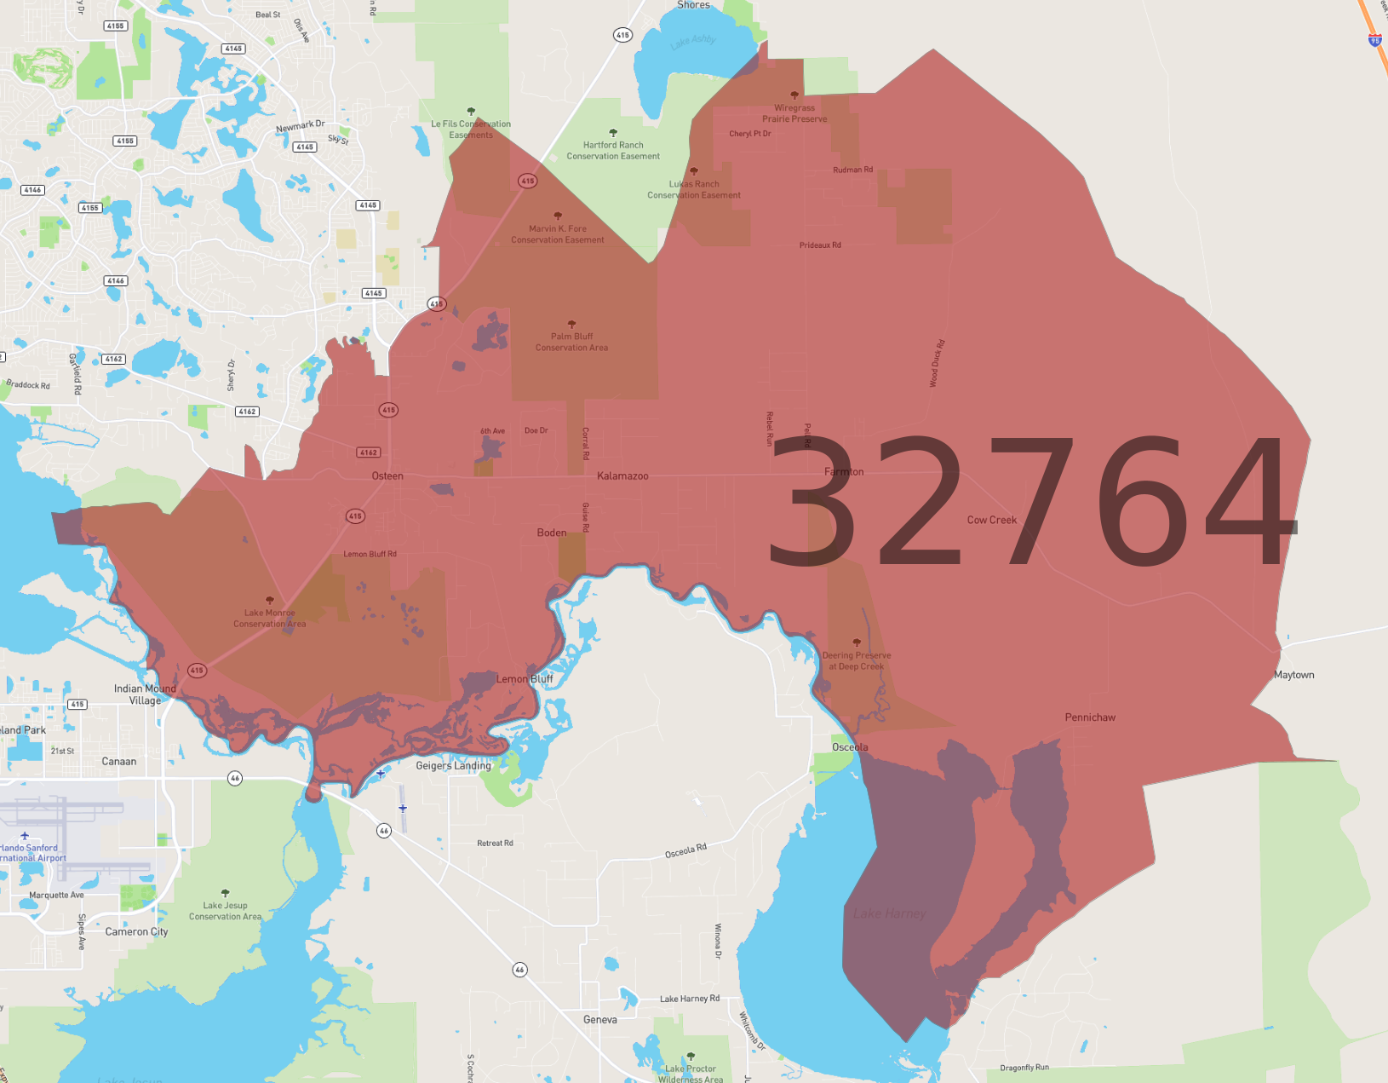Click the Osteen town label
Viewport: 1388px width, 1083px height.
(x=387, y=476)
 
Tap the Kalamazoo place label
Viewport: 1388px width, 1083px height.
(x=622, y=476)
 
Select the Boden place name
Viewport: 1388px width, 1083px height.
(x=552, y=533)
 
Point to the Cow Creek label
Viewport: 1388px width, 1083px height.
(x=991, y=520)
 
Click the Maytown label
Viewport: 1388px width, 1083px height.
(x=1293, y=675)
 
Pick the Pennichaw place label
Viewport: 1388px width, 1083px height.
(x=1090, y=717)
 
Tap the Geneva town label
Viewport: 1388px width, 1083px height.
(x=600, y=1020)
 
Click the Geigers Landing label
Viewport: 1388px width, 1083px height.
(x=453, y=766)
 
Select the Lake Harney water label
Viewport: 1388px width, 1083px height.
(x=889, y=913)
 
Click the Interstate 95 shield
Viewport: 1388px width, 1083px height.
(x=1374, y=40)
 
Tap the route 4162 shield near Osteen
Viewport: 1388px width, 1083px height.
(x=368, y=452)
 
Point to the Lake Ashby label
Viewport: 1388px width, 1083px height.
(x=693, y=41)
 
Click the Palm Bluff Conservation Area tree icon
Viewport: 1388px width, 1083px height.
(x=571, y=324)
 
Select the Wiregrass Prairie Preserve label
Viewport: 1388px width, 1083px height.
(x=794, y=113)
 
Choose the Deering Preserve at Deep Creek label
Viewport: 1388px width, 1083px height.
(x=857, y=660)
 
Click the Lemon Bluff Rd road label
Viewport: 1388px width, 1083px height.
(x=370, y=554)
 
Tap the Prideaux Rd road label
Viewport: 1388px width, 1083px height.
(x=820, y=245)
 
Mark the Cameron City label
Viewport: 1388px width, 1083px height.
(x=136, y=932)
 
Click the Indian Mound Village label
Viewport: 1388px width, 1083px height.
(x=145, y=694)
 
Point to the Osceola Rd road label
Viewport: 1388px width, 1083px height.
(x=685, y=850)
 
